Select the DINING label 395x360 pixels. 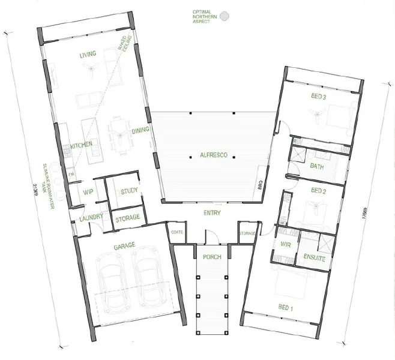click(140, 130)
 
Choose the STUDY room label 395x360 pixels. click(129, 191)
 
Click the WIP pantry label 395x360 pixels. click(88, 192)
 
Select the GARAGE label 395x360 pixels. click(124, 245)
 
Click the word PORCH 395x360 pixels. click(213, 257)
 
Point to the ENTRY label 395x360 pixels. click(213, 213)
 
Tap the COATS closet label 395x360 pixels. click(176, 232)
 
